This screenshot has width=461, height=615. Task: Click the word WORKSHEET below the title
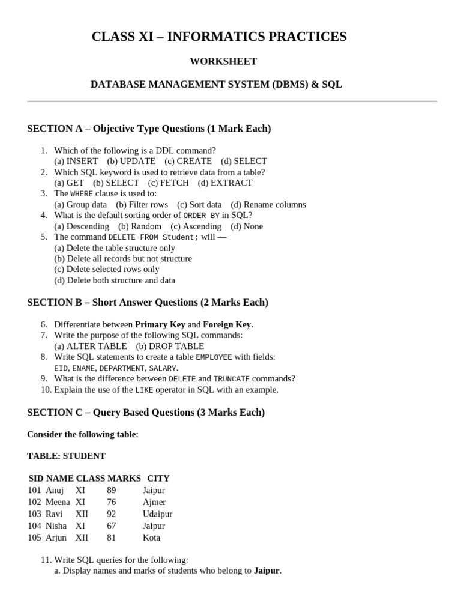(223, 61)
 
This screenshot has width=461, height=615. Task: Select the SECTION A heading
(149, 129)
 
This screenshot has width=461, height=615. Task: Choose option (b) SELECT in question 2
(116, 183)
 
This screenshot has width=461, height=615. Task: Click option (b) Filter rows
(142, 204)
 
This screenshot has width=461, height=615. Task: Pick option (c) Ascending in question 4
(196, 226)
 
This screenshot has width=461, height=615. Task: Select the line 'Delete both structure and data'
(115, 280)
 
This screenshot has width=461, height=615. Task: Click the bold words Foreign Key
(227, 324)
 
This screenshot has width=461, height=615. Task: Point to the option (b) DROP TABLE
(170, 346)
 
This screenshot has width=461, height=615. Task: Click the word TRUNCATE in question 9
(231, 379)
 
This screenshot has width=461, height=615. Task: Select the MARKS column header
(124, 479)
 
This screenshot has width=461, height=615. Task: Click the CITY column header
(158, 479)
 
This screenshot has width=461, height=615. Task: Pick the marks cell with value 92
(112, 514)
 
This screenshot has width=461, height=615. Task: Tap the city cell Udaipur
(157, 514)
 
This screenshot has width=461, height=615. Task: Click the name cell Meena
(58, 502)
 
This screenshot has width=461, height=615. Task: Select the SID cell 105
(34, 538)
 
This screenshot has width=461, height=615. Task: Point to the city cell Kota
(151, 538)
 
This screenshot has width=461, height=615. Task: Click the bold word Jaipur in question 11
(267, 571)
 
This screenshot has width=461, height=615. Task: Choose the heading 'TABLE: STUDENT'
(67, 456)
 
